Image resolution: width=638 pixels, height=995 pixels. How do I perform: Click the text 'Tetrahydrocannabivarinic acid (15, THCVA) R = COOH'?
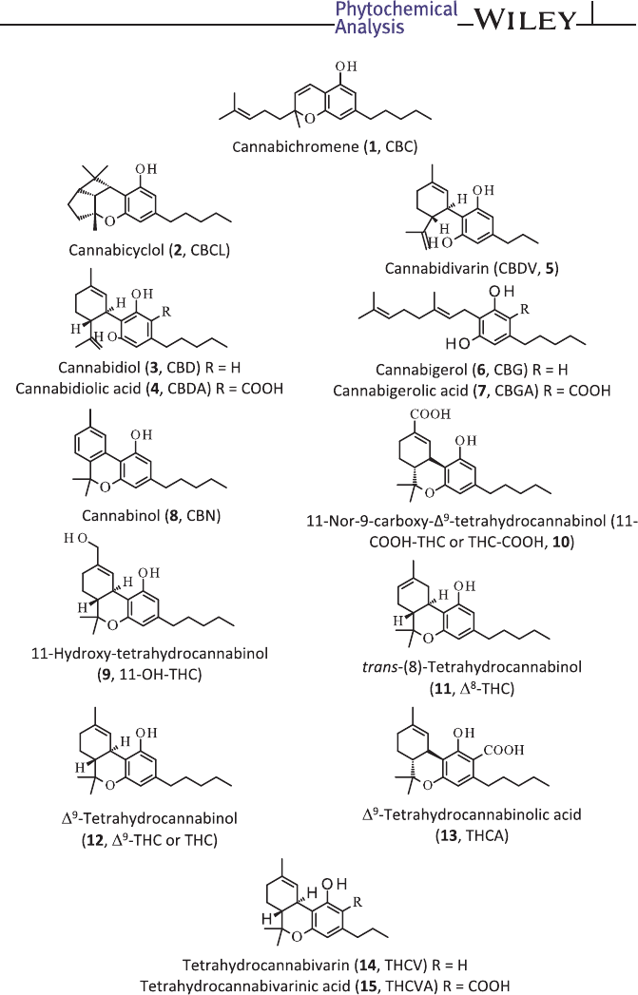pyautogui.click(x=319, y=977)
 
